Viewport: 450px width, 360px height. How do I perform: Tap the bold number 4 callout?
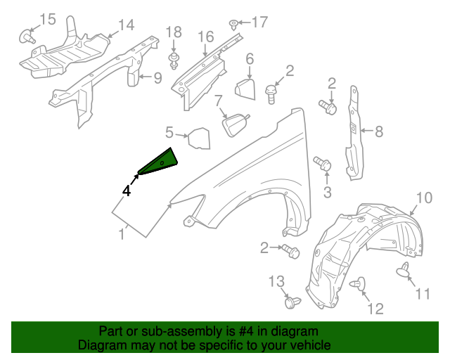127,190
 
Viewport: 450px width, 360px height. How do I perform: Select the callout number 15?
47,18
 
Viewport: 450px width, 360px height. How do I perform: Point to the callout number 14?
125,25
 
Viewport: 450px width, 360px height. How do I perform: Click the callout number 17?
259,22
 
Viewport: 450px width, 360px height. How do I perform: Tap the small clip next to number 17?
233,25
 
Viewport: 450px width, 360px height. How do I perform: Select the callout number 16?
205,36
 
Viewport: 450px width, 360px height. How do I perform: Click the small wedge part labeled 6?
243,89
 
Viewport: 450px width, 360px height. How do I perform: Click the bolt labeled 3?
324,164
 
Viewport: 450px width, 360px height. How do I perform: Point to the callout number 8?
378,131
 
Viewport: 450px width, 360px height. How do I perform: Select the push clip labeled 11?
405,269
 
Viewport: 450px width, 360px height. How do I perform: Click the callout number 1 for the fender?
122,234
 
